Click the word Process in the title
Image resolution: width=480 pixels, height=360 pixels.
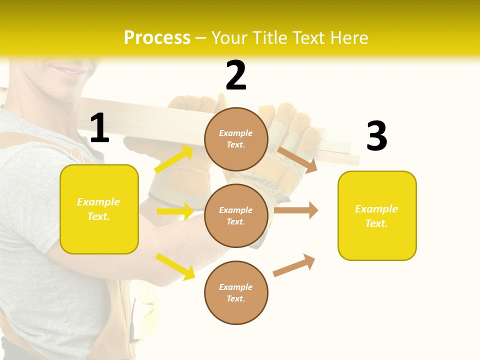pyautogui.click(x=157, y=38)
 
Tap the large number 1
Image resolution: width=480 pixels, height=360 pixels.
pyautogui.click(x=99, y=128)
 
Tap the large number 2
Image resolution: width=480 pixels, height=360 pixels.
pyautogui.click(x=236, y=76)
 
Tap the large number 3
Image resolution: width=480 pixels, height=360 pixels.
pyautogui.click(x=376, y=136)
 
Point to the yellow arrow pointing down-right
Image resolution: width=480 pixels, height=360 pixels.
pyautogui.click(x=175, y=266)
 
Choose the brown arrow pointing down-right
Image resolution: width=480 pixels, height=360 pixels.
pyautogui.click(x=297, y=159)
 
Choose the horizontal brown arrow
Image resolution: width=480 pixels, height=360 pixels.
pyautogui.click(x=296, y=210)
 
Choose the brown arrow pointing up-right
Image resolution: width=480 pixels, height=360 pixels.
pyautogui.click(x=294, y=265)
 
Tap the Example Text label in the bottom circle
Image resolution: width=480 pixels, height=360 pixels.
pyautogui.click(x=236, y=293)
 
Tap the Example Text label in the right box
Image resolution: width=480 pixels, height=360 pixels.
pyautogui.click(x=376, y=216)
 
